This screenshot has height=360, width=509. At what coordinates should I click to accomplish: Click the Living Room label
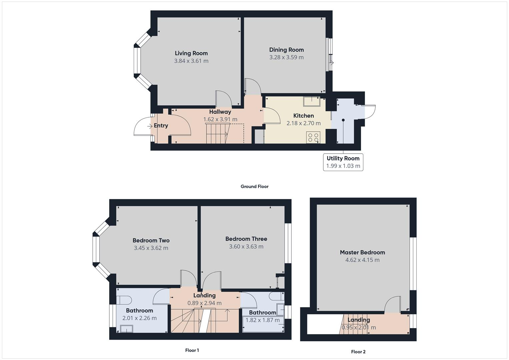(191, 53)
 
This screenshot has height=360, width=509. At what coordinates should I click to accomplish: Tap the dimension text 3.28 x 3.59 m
(286, 57)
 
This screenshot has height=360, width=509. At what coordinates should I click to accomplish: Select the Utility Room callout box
(343, 162)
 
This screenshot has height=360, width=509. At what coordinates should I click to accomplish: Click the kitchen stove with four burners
(313, 137)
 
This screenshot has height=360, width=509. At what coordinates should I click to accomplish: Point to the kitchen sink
(311, 100)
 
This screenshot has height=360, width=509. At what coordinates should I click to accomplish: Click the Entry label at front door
(161, 126)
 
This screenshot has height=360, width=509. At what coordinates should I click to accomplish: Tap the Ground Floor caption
(254, 187)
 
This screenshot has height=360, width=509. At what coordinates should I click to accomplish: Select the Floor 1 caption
(192, 350)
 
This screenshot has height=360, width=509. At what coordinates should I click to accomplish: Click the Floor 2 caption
(358, 352)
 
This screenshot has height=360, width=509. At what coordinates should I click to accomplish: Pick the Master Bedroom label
(362, 252)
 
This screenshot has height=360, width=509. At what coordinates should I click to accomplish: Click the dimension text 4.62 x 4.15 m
(362, 260)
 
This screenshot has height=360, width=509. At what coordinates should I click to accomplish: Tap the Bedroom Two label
(151, 240)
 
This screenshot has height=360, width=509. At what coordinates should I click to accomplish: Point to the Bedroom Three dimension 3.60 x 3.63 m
(246, 247)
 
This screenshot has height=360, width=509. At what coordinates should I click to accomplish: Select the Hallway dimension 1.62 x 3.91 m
(220, 119)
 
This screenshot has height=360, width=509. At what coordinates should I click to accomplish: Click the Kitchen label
(303, 116)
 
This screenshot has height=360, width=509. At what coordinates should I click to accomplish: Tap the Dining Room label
(286, 50)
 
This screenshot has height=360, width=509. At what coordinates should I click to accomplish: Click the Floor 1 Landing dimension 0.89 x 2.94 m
(204, 303)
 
